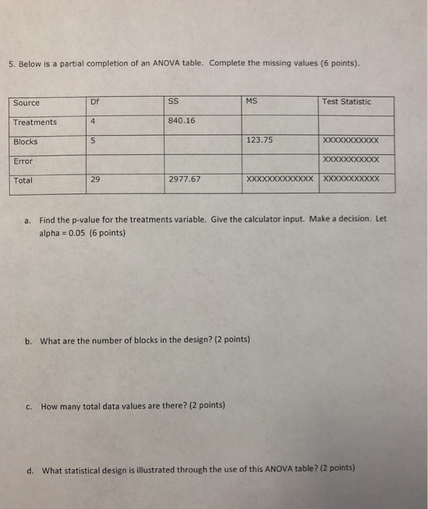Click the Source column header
tap(26, 103)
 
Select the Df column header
tap(95, 103)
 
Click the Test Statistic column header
tap(346, 102)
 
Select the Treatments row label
tap(34, 122)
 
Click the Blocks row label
tap(25, 142)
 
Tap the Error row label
tap(23, 161)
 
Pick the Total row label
tap(23, 180)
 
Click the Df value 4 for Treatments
tap(95, 121)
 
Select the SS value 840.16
tap(181, 121)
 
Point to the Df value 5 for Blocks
tap(95, 142)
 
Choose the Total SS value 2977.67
tap(184, 179)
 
